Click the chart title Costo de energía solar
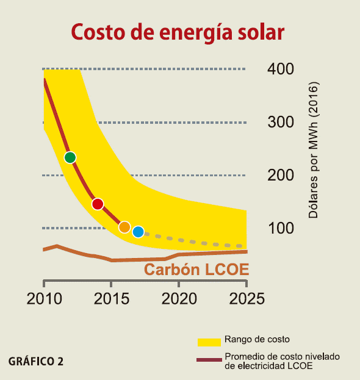tap(178, 32)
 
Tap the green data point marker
tap(70, 157)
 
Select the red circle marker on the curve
tap(98, 204)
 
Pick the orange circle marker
tap(124, 227)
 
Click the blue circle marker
tap(139, 232)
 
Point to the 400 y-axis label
tap(282, 69)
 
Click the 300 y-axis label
tap(282, 122)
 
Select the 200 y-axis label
tap(282, 176)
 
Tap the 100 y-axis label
tap(282, 229)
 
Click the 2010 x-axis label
tap(45, 299)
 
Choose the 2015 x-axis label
tap(111, 299)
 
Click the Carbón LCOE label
tap(196, 270)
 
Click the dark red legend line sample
tap(208, 360)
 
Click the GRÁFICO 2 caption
tap(36, 361)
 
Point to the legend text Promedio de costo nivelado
tap(281, 356)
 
